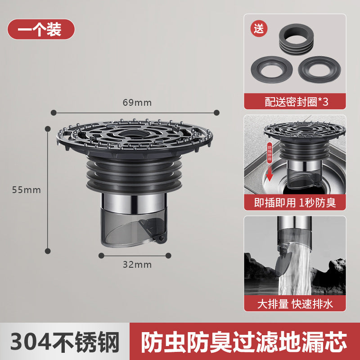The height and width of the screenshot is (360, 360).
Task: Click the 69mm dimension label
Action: [x=137, y=103]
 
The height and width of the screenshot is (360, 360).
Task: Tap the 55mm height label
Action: [x=27, y=190]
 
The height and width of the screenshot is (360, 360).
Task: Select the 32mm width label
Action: [x=137, y=265]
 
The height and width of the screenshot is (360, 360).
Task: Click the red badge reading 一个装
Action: [x=40, y=29]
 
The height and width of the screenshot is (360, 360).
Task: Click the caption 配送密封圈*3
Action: [x=295, y=101]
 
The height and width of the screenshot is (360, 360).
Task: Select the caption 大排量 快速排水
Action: [x=295, y=304]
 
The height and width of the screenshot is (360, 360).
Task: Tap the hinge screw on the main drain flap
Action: [x=158, y=237]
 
